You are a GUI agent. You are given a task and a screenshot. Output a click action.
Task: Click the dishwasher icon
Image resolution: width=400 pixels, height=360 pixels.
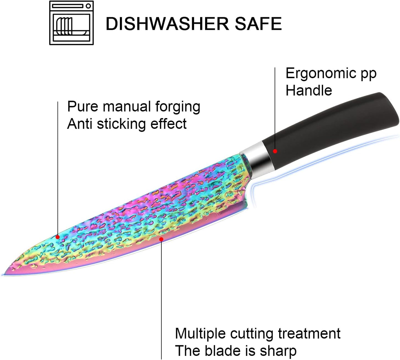[x=71, y=23]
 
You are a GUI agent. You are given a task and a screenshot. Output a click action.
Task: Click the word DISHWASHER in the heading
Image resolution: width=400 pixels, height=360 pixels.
[x=167, y=24]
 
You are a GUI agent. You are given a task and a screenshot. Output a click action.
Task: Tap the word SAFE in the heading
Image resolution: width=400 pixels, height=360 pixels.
[x=259, y=24]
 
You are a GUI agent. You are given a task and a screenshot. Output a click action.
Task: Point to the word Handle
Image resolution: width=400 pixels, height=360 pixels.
[x=309, y=90]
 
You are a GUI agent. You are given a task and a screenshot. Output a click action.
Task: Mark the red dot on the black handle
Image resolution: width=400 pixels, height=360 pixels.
[x=275, y=151]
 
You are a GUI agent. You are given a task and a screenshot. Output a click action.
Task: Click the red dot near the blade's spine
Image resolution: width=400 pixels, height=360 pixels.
[x=58, y=237]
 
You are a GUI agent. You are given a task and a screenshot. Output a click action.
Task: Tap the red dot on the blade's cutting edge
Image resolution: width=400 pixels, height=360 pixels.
[x=161, y=239]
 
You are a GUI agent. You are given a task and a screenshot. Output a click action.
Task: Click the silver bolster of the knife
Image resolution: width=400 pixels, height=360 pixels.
[x=255, y=160]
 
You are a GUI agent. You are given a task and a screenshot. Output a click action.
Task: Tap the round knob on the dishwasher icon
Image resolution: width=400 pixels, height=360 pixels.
[x=88, y=6]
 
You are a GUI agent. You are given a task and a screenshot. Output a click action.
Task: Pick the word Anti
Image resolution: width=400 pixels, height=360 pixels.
[x=80, y=124]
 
